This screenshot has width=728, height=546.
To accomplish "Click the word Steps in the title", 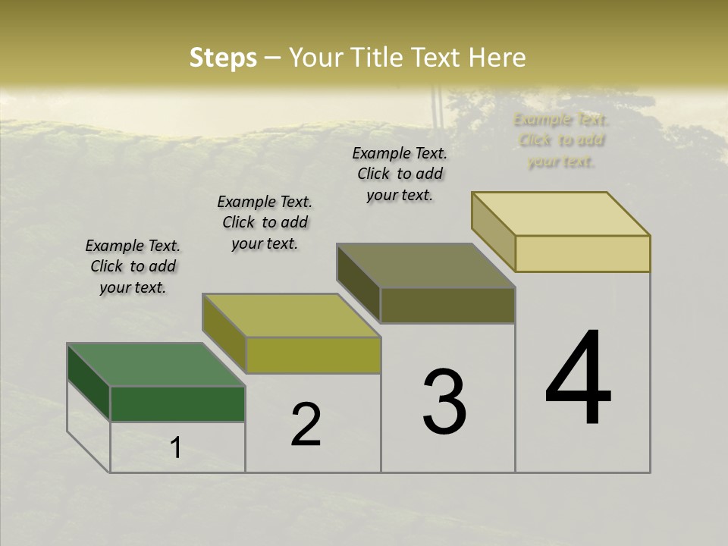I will pyautogui.click(x=223, y=58).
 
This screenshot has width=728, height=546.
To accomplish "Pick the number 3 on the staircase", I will pyautogui.click(x=444, y=401).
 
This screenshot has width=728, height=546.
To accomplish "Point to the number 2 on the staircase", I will pyautogui.click(x=306, y=425).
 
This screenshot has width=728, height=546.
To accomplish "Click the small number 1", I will pyautogui.click(x=175, y=448).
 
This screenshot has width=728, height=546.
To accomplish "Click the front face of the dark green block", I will pyautogui.click(x=177, y=403).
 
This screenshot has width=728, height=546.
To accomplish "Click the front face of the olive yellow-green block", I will pyautogui.click(x=312, y=355).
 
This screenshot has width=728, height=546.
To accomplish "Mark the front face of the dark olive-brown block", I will pyautogui.click(x=447, y=305).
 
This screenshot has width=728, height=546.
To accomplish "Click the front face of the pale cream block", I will pyautogui.click(x=582, y=253).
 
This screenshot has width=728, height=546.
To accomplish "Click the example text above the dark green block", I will pyautogui.click(x=133, y=266).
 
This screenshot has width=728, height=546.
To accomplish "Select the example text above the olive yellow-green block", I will pyautogui.click(x=265, y=222).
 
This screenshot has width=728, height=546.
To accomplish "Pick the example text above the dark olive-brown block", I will pyautogui.click(x=400, y=174).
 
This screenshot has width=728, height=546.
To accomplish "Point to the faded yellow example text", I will pyautogui.click(x=561, y=140).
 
